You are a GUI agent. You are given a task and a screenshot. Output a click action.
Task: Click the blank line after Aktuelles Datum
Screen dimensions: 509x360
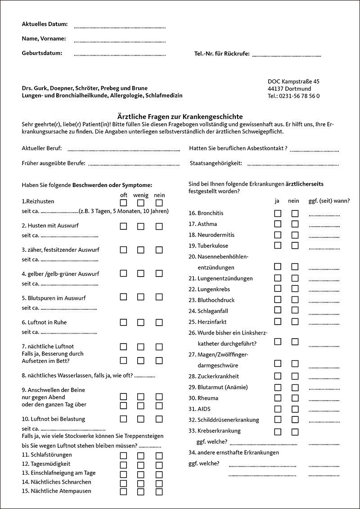click(120, 27)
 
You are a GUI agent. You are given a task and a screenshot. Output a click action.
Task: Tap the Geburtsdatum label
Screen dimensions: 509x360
click(42, 53)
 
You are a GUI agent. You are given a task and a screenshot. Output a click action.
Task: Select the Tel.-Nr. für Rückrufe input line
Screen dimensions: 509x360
click(286, 56)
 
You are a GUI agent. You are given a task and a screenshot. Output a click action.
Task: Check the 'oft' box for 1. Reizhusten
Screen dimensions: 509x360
click(123, 202)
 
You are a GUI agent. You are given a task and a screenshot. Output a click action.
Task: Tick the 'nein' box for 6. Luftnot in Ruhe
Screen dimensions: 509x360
click(159, 322)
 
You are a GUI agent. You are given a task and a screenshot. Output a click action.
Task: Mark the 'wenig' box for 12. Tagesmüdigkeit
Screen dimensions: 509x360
click(141, 464)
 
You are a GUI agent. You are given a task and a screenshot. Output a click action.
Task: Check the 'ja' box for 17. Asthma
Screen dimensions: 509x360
click(278, 224)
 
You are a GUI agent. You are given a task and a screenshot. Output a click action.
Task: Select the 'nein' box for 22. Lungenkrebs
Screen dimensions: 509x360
click(295, 289)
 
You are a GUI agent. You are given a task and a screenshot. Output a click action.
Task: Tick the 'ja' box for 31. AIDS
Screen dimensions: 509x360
click(278, 409)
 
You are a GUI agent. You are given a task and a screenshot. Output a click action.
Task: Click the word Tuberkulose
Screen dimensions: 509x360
click(213, 246)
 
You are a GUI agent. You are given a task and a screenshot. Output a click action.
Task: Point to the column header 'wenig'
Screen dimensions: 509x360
click(141, 195)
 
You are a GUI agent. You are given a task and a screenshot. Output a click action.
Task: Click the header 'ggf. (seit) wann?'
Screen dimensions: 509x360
click(329, 201)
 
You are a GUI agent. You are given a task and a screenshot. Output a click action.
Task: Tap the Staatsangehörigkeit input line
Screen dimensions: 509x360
click(293, 165)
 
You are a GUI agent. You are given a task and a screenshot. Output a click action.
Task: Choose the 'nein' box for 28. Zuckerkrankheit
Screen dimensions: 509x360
click(295, 376)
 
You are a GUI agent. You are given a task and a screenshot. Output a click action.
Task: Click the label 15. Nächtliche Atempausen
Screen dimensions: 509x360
click(56, 491)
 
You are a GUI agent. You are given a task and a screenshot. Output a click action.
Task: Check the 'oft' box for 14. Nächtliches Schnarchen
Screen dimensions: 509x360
click(123, 482)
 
